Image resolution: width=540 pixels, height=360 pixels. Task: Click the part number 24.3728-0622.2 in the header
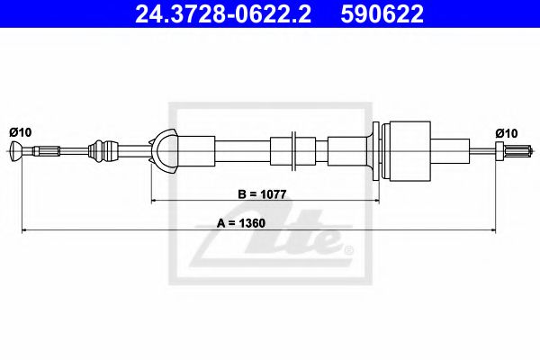(x=223, y=13)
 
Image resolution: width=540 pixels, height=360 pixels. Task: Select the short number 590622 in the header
(x=382, y=13)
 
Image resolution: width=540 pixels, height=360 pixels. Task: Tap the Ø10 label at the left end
(x=21, y=132)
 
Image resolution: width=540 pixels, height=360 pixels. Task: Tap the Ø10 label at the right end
(x=507, y=133)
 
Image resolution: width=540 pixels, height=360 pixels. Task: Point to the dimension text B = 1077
(x=262, y=194)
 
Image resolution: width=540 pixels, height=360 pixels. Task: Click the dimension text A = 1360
(x=240, y=223)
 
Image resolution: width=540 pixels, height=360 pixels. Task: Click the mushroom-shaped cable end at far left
(x=16, y=151)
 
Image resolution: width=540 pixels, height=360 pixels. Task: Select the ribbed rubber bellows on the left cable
(x=104, y=151)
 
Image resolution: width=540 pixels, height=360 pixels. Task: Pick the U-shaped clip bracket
(x=164, y=151)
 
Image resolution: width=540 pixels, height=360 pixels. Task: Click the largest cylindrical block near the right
(x=409, y=151)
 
